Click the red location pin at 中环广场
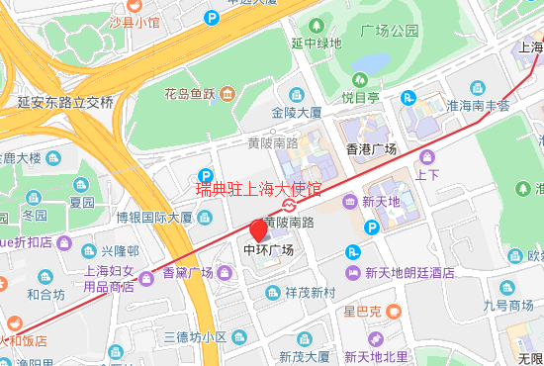point(259,231)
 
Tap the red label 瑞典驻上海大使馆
point(259,188)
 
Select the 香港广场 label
point(370,149)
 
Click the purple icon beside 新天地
point(350,202)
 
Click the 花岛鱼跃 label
point(189,95)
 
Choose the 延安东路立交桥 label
point(65,102)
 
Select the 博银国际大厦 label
point(153,217)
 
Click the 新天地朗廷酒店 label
point(408,273)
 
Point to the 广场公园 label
point(389,31)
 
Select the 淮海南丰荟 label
point(476,105)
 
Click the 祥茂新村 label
point(310,293)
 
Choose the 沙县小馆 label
point(134,21)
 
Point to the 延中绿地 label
point(317,43)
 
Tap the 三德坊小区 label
point(196,337)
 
